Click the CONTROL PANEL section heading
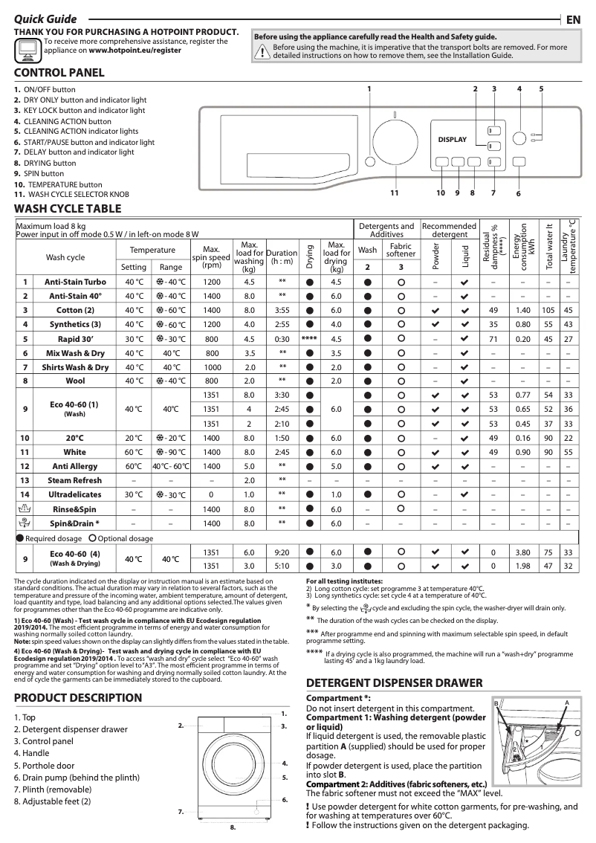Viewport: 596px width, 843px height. click(x=59, y=73)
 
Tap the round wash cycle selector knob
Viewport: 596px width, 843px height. click(x=394, y=142)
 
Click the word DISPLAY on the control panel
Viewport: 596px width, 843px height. click(x=453, y=140)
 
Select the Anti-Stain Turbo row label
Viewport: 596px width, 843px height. click(x=75, y=282)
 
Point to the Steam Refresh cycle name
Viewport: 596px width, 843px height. click(x=75, y=480)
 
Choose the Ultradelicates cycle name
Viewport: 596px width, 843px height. click(x=75, y=494)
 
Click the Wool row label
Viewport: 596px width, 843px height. click(x=75, y=381)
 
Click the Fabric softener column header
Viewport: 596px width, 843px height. click(x=401, y=250)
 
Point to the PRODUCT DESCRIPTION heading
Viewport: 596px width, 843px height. click(x=77, y=697)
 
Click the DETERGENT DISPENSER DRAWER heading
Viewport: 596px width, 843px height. click(x=395, y=683)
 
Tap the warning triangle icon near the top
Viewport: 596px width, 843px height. click(x=262, y=51)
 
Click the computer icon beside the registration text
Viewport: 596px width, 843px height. click(x=27, y=48)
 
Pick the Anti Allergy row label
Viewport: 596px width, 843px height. click(x=75, y=466)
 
